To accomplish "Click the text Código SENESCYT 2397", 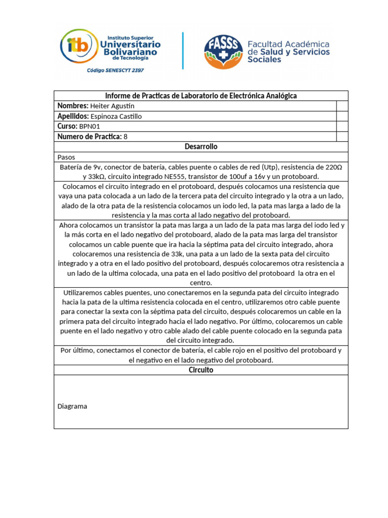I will click(115, 70).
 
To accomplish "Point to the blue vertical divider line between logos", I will click(182, 51).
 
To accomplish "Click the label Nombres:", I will click(73, 106).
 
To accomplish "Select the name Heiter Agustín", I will click(112, 106).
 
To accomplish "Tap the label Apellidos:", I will click(73, 116).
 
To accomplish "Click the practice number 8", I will click(126, 137).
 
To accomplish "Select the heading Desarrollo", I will click(201, 147).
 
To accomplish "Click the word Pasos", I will click(66, 157).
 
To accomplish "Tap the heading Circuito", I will click(201, 370).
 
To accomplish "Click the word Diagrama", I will click(72, 406).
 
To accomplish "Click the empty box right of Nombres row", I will click(342, 106).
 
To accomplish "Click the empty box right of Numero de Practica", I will click(342, 137).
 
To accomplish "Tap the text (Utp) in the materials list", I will click(270, 167).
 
